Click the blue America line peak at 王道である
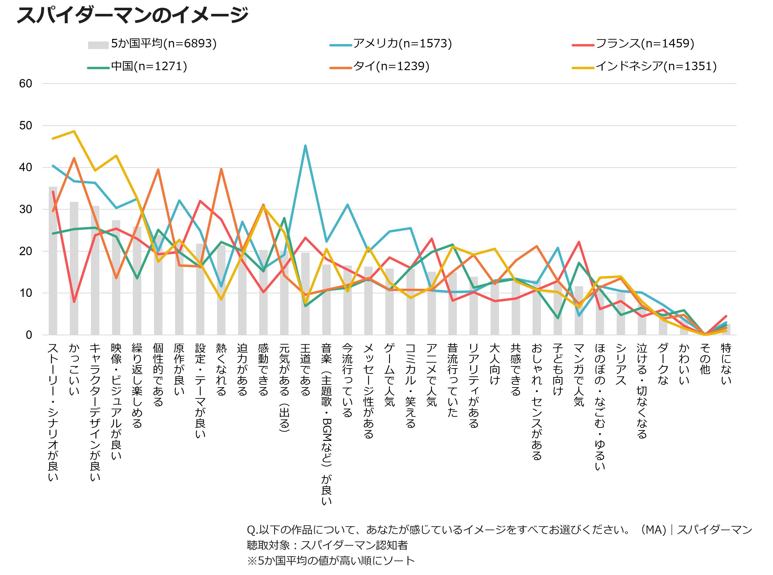[305, 145]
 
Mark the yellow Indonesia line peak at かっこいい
[74, 131]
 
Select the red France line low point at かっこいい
[74, 302]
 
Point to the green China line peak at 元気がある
[284, 218]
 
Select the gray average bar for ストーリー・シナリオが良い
[53, 261]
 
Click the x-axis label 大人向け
[494, 364]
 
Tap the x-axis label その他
[705, 359]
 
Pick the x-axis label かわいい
[684, 364]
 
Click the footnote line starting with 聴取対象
[327, 545]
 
